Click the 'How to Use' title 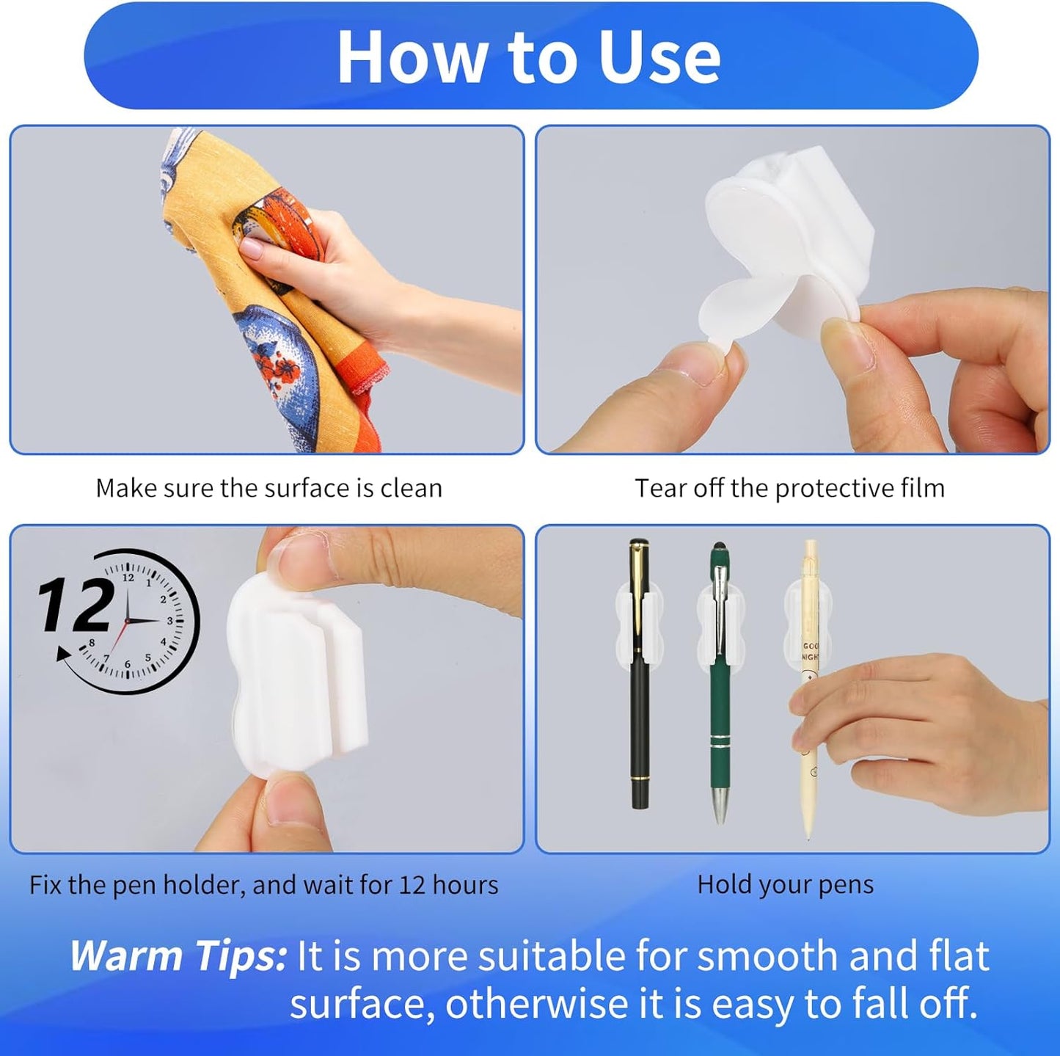click(529, 57)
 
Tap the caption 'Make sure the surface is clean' click(268, 488)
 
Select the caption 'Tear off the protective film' click(789, 488)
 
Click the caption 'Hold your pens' click(785, 884)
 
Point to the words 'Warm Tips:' click(178, 956)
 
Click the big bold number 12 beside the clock click(76, 606)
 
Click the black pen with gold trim click(640, 697)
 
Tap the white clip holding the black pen click(640, 624)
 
